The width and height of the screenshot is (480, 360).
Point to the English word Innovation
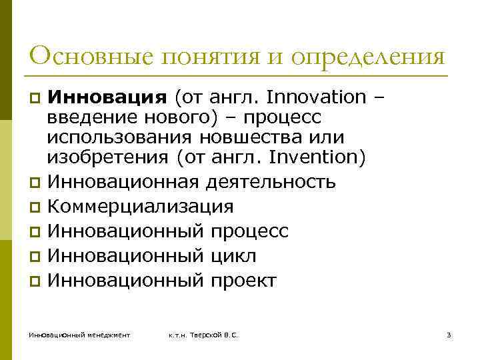pyautogui.click(x=315, y=97)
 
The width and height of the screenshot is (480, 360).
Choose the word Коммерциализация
pyautogui.click(x=140, y=207)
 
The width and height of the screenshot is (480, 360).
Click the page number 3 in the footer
pyautogui.click(x=449, y=334)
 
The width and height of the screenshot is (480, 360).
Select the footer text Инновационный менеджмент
pyautogui.click(x=79, y=334)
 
